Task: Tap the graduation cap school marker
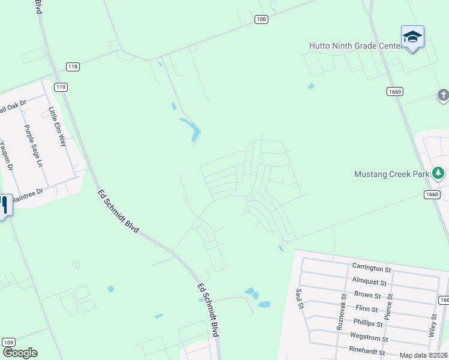coord(412,37)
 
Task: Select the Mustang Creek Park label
coord(392,175)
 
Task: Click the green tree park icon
coord(439,174)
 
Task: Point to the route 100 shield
coord(261,20)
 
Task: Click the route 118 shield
coord(73,67)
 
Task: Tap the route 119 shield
coord(61,87)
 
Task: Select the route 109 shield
coord(8,342)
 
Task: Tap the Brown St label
coord(367,295)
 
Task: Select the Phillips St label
coord(368,324)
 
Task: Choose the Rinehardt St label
coord(367,352)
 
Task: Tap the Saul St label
coord(298,298)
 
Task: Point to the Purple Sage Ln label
coord(34,146)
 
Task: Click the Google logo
coord(20,353)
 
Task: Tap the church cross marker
coord(443,95)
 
